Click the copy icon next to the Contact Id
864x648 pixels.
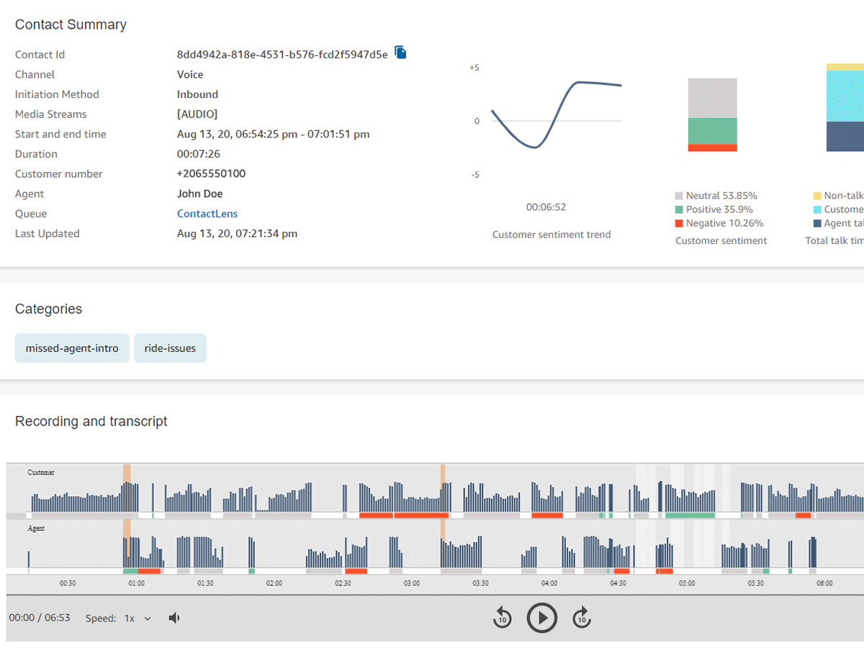tap(401, 53)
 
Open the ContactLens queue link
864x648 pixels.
tap(207, 214)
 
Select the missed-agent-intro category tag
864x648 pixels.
tap(72, 348)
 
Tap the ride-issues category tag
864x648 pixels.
tap(170, 348)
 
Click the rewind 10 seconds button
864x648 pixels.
tap(502, 618)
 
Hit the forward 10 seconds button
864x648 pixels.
tap(582, 618)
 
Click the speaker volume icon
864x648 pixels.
tap(174, 618)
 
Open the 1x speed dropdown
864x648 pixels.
tap(138, 618)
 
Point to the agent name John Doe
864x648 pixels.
tap(200, 194)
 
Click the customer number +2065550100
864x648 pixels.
tap(211, 174)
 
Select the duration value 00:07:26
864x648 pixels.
tap(198, 154)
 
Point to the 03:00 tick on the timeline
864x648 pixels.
tap(412, 583)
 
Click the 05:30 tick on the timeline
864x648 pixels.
tap(756, 583)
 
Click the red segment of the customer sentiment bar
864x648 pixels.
tap(713, 148)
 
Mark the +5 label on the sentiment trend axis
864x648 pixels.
tap(474, 68)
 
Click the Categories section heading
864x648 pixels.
tap(48, 309)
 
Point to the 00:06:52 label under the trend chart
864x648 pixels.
tap(546, 207)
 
